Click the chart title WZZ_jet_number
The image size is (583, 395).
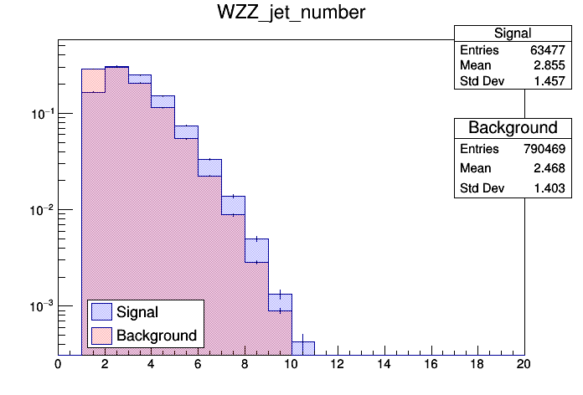(x=291, y=14)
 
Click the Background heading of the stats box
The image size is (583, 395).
(x=513, y=128)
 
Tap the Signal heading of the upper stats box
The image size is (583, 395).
(x=513, y=33)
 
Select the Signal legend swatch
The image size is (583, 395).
(x=101, y=312)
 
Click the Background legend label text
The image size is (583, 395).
(x=157, y=336)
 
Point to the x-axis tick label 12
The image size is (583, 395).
(x=338, y=364)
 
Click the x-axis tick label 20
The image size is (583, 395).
(x=524, y=364)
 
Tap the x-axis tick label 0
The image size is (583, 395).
(x=58, y=364)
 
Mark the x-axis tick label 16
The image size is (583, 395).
(x=431, y=364)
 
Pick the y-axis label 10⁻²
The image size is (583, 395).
(x=40, y=209)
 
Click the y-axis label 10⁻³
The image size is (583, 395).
(x=40, y=305)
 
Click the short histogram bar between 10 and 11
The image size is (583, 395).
(x=302, y=347)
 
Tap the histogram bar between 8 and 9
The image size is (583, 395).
(x=256, y=297)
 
